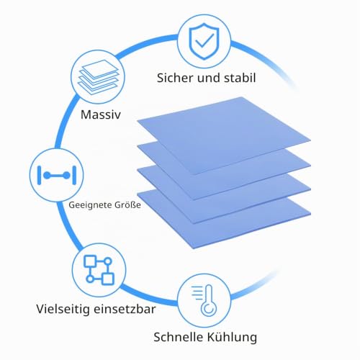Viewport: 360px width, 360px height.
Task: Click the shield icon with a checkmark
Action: coord(204,41)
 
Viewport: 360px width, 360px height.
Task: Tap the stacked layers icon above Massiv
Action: coord(98,77)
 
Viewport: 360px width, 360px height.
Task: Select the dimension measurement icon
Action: coord(57,176)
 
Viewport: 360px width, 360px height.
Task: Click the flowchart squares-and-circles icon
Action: coord(99,270)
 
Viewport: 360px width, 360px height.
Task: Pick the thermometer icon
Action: coord(204,301)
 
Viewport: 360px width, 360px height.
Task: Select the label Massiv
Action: coord(101,114)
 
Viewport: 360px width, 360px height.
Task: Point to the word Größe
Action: coord(127,204)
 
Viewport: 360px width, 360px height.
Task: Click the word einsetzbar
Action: coord(125,309)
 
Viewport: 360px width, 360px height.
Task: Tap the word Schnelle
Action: coord(179,337)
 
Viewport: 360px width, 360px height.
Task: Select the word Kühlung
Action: coord(231,337)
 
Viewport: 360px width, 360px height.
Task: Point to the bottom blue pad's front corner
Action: coord(194,249)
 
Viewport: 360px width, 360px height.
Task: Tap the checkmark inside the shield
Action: coord(204,40)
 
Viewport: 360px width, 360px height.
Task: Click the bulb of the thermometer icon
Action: coord(209,309)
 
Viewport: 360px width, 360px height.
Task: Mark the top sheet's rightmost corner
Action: coord(311,140)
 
